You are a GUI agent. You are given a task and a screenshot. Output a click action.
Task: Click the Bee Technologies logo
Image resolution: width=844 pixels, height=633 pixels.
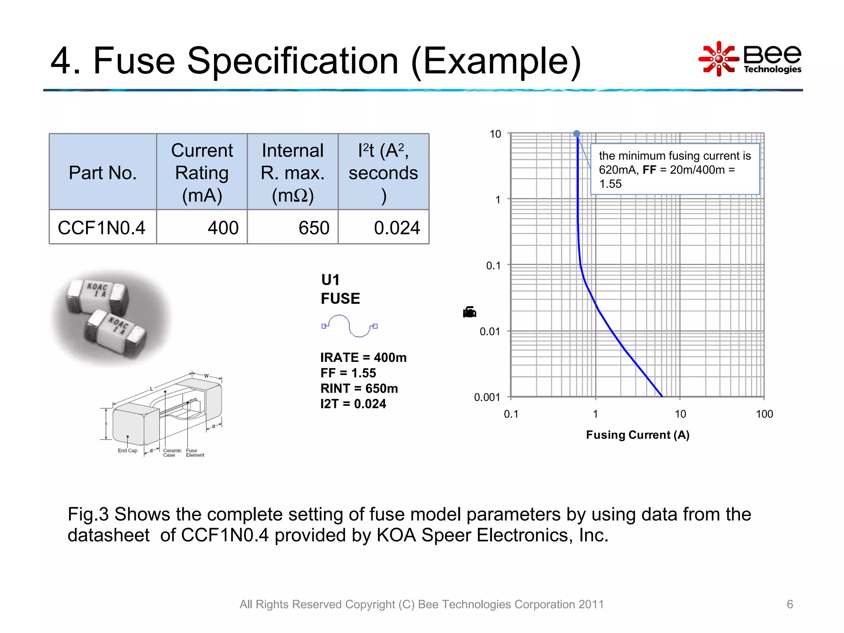(x=750, y=59)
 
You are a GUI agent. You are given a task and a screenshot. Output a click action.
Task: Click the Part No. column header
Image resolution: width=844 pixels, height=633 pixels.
(x=103, y=172)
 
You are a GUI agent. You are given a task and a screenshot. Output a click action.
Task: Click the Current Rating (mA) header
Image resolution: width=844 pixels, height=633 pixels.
(x=202, y=172)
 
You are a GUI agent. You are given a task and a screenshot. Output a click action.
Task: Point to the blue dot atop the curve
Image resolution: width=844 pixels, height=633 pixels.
(x=577, y=134)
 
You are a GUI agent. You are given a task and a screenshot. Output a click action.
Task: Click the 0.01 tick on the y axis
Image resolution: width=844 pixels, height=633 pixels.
(x=490, y=331)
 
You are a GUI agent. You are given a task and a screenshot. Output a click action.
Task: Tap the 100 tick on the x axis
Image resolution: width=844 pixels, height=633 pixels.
(x=764, y=414)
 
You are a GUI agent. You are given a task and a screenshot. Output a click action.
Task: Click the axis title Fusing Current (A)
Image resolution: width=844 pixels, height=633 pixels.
(x=638, y=435)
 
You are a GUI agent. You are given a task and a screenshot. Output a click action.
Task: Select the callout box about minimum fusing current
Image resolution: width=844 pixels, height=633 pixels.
(x=675, y=169)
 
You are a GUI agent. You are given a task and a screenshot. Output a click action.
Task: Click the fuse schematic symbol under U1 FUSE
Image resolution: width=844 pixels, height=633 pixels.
(x=349, y=326)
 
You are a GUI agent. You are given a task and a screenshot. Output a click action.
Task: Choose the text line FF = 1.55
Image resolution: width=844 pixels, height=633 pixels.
(x=348, y=373)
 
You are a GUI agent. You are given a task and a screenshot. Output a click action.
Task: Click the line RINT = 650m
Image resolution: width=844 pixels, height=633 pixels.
(x=359, y=388)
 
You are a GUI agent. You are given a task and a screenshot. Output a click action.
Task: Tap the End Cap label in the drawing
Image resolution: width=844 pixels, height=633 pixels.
(x=127, y=450)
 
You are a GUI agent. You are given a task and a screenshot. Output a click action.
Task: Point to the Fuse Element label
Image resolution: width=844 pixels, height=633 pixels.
(x=195, y=453)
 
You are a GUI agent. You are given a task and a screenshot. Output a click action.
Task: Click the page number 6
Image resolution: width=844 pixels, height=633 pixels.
(x=790, y=604)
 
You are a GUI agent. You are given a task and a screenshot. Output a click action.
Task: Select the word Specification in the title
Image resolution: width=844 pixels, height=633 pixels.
(x=293, y=61)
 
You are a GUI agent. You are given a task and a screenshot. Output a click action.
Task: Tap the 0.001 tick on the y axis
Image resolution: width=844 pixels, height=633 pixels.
(x=487, y=397)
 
